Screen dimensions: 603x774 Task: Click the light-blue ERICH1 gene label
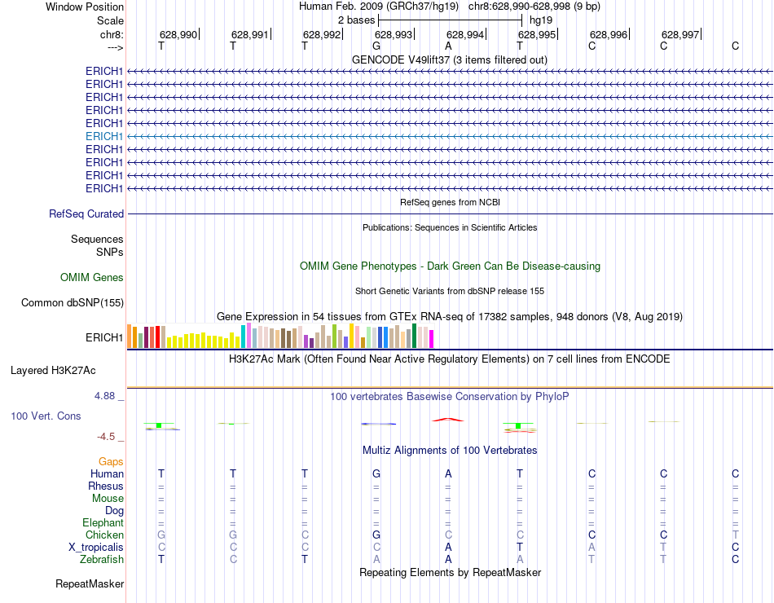104,136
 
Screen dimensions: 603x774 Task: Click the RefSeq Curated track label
86,214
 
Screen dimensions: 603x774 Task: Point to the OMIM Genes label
92,278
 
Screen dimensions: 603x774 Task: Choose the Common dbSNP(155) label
73,303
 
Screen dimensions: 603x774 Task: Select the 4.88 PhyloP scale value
106,396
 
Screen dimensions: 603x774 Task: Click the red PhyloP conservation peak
448,420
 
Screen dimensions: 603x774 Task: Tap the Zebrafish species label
102,560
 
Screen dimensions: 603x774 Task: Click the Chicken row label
104,535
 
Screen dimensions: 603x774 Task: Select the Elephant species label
103,523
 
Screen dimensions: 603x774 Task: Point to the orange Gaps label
111,462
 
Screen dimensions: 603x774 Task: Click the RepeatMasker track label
90,584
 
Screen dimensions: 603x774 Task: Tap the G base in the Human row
376,474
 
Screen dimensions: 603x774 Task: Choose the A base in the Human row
448,474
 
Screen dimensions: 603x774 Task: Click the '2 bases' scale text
356,20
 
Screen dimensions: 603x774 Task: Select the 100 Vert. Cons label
46,416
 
